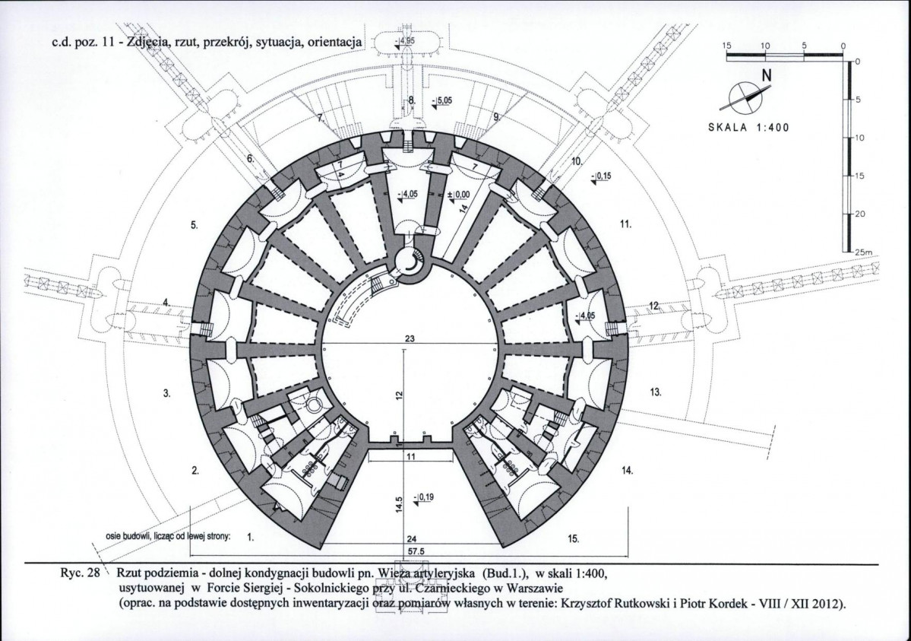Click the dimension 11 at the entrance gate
411,456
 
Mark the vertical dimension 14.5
398,506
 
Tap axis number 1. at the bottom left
251,537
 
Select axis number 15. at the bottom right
574,538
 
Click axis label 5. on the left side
194,226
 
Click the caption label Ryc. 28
75,571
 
